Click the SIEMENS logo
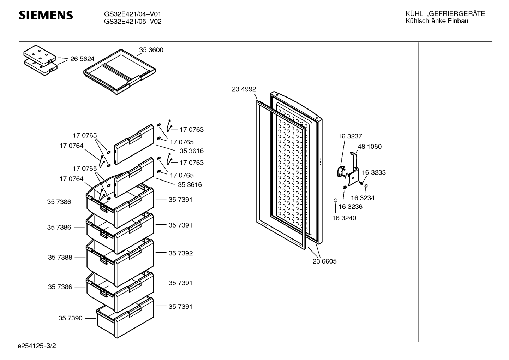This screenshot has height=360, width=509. pos(46,15)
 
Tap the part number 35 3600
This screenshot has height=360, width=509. pos(151,50)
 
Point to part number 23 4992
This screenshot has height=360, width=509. pos(244,89)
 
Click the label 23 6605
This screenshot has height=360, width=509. pos(324,261)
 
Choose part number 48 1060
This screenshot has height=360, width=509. pos(370,147)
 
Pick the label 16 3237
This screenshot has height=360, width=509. pos(350,136)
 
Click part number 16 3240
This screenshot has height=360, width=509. pos(344,218)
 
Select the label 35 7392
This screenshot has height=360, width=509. pos(180,253)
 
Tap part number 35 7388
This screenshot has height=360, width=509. pos(60,258)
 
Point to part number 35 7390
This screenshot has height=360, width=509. pos(70,318)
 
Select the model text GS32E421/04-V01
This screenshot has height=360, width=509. pos(133,14)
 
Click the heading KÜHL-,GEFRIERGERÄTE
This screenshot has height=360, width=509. pos(445,14)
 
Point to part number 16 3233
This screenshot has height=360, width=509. pos(374,172)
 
